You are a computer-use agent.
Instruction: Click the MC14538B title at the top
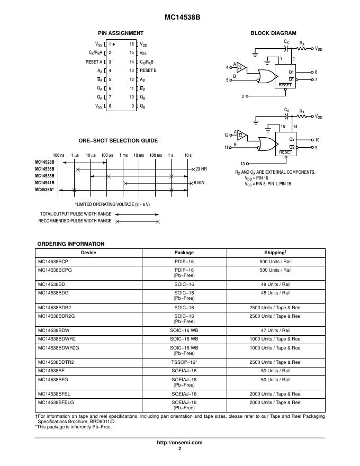coord(179,17)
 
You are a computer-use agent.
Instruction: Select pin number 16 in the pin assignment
coord(132,44)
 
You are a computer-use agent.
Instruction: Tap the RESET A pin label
coord(94,62)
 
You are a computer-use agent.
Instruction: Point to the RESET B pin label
coord(148,70)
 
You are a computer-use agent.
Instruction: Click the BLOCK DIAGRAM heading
coord(273,33)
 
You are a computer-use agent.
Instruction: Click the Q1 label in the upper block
coord(291,71)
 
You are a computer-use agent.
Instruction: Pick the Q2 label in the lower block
coord(291,139)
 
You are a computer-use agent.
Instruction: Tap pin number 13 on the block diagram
coord(242,164)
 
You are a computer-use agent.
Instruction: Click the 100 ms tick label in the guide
coord(156,155)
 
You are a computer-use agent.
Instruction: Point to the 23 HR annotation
coord(201,169)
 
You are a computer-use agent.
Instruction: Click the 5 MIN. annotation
coord(200,183)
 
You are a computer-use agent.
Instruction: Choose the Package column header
coord(184,253)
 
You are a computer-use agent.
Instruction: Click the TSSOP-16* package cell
coord(184,362)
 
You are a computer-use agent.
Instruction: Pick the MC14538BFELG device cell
coord(55,402)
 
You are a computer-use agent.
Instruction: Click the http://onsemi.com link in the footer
coord(180,442)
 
